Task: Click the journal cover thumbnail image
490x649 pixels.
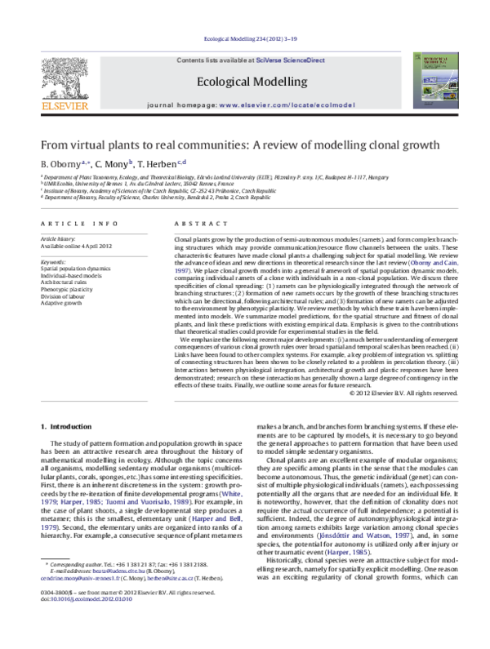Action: (428, 80)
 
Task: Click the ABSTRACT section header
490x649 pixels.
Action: (194, 223)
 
